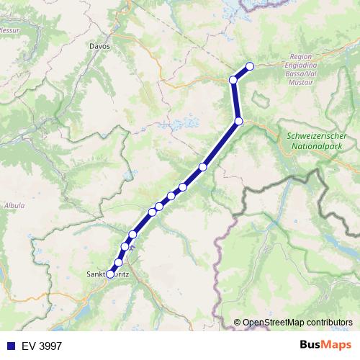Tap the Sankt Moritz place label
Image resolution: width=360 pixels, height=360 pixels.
108,274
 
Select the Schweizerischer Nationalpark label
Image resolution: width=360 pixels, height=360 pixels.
317,140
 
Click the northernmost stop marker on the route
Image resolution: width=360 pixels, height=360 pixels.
250,66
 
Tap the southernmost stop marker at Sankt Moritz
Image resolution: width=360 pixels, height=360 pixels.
110,273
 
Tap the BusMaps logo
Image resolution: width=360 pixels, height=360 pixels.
324,344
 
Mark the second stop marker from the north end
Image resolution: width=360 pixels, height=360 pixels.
233,79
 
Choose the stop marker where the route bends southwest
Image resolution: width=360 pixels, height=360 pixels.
238,121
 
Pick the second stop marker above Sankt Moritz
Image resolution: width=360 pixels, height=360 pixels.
125,247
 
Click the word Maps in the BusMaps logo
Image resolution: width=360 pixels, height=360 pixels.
336,344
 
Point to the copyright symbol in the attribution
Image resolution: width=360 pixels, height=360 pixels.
238,322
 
